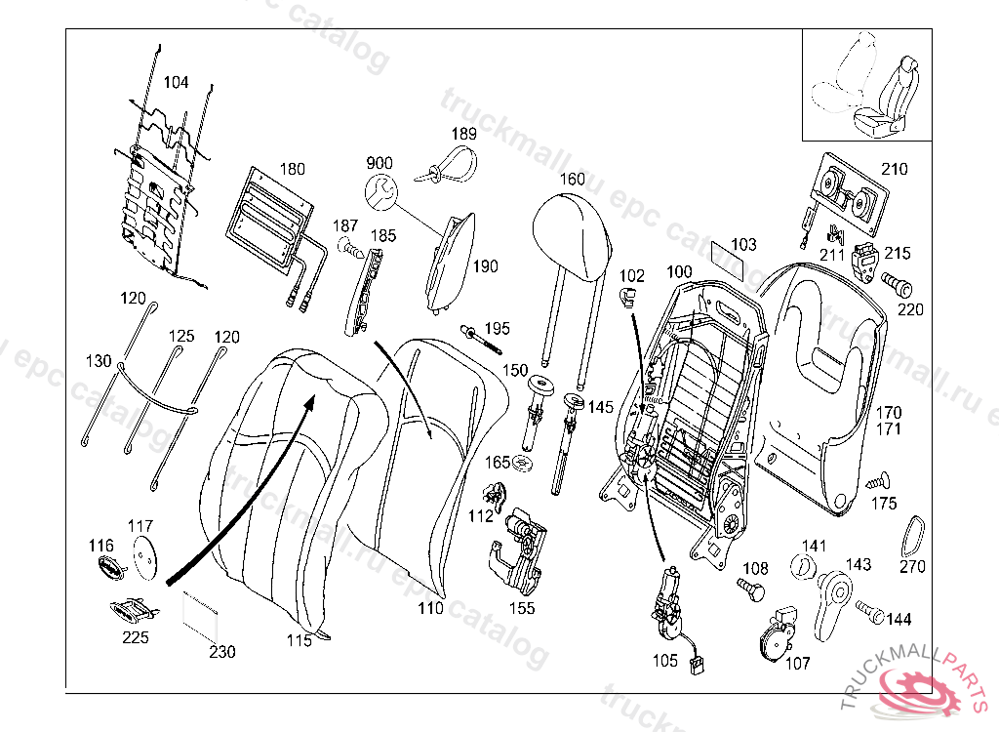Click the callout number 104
[x=176, y=82]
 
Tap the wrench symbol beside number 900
[x=381, y=191]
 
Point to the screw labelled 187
[x=351, y=248]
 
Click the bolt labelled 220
[x=897, y=284]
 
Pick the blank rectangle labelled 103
[x=727, y=261]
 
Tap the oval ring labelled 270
[x=912, y=537]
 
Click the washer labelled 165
[x=524, y=464]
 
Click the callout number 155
[x=522, y=608]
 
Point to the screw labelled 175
[x=879, y=480]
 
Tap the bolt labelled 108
[x=752, y=589]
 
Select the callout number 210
[x=894, y=169]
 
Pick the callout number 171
[x=888, y=429]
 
